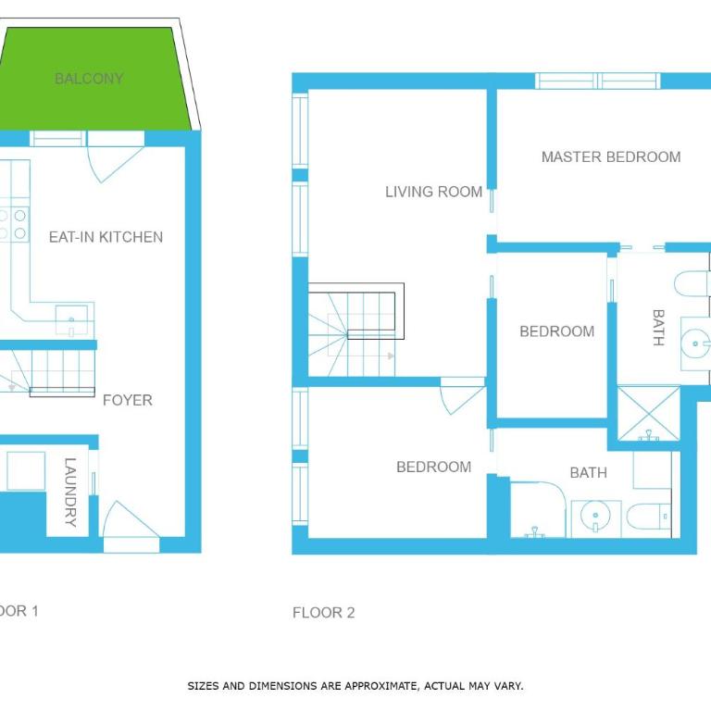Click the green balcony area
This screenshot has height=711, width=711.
click(x=91, y=80)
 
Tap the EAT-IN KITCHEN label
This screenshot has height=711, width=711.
click(x=106, y=237)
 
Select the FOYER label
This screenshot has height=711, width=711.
click(x=128, y=400)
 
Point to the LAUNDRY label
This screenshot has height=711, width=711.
click(x=70, y=492)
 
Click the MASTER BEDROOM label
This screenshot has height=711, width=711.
click(x=611, y=156)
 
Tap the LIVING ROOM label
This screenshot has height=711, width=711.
click(x=433, y=192)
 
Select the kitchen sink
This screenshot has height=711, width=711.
click(x=71, y=320)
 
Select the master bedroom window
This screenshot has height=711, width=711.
click(x=598, y=81)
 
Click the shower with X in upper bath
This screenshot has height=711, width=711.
click(x=649, y=413)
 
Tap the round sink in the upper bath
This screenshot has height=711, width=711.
click(x=695, y=343)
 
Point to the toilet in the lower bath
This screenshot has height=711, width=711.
click(x=649, y=517)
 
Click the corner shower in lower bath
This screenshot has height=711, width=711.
click(x=538, y=510)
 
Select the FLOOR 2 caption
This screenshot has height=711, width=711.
click(x=323, y=613)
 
